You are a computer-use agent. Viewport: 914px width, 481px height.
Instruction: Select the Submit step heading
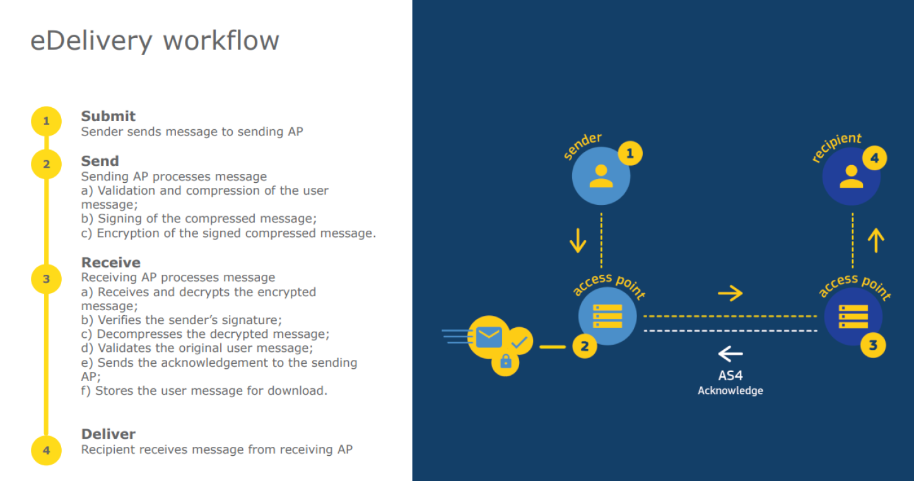pyautogui.click(x=108, y=116)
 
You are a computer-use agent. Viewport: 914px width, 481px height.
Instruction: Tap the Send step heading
pyautogui.click(x=100, y=161)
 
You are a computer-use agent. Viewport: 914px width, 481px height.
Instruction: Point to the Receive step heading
pyautogui.click(x=111, y=262)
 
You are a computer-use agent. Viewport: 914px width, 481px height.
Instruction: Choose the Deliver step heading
pyautogui.click(x=108, y=434)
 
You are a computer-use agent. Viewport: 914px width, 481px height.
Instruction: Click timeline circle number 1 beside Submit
pyautogui.click(x=46, y=121)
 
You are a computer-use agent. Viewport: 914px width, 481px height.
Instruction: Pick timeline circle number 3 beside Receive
pyautogui.click(x=46, y=279)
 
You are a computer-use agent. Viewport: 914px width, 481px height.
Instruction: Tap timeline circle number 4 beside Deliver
pyautogui.click(x=46, y=450)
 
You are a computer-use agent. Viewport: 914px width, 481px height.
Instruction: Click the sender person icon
pyautogui.click(x=601, y=176)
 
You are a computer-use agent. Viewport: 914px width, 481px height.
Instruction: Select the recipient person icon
pyautogui.click(x=852, y=176)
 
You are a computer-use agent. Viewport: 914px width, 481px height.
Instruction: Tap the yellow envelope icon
pyautogui.click(x=489, y=337)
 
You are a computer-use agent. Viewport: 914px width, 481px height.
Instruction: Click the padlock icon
pyautogui.click(x=505, y=361)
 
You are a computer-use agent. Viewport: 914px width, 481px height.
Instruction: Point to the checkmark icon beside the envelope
pyautogui.click(x=520, y=342)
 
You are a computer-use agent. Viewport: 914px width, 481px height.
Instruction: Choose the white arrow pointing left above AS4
pyautogui.click(x=730, y=353)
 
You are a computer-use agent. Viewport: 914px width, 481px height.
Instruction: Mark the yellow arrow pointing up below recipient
pyautogui.click(x=876, y=240)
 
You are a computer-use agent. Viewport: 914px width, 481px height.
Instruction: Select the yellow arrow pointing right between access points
pyautogui.click(x=730, y=293)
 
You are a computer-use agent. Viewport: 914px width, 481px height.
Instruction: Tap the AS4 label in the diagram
pyautogui.click(x=730, y=376)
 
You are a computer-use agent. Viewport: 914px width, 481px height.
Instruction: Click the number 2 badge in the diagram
pyautogui.click(x=585, y=345)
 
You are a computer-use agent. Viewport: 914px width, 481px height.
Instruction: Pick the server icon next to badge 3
pyautogui.click(x=853, y=316)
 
